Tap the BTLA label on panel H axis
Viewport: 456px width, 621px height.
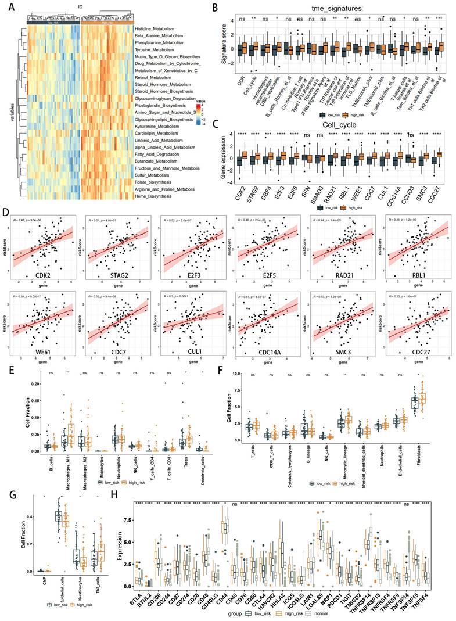[x=138, y=590]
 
